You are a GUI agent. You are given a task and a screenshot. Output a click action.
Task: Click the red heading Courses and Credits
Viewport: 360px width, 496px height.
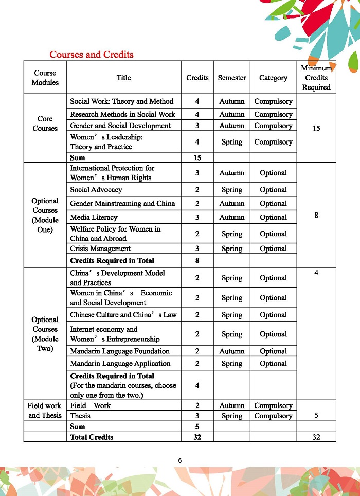[91, 55]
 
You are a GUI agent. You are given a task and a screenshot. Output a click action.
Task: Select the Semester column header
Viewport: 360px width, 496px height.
[231, 78]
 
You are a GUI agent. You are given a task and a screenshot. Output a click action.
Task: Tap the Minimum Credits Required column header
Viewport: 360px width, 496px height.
[316, 78]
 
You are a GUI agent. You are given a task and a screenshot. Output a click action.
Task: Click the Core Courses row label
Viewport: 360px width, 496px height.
[45, 123]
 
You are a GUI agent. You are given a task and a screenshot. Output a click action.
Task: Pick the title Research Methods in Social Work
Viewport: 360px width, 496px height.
[122, 114]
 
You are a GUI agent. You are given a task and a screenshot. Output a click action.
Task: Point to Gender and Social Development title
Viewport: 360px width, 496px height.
[120, 126]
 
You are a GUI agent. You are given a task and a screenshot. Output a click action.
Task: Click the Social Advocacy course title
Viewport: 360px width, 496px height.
[96, 190]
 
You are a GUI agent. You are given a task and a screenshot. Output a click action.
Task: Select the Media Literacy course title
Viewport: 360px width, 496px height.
[94, 217]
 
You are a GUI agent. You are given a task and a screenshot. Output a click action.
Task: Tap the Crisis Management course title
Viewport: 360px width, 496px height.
[100, 249]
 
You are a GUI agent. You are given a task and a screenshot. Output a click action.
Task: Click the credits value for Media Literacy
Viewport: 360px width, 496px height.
[197, 217]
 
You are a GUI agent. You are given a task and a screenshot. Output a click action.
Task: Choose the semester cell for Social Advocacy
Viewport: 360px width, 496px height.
[231, 190]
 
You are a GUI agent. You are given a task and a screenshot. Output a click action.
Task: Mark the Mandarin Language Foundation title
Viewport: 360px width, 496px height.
[120, 351]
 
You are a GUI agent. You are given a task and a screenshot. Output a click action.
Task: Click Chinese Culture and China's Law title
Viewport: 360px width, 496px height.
[123, 315]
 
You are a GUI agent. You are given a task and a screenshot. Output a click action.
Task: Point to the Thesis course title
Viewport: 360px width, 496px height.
[80, 416]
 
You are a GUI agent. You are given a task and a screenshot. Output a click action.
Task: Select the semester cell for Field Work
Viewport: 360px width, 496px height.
[231, 405]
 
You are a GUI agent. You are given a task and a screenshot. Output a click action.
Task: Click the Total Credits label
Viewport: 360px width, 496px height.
[92, 437]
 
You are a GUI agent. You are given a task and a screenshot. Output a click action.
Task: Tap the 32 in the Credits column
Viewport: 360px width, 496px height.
[197, 437]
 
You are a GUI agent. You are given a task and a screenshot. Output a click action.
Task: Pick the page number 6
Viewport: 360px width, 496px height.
[180, 460]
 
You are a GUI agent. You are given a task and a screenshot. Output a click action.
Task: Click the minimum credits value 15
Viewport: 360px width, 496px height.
[316, 128]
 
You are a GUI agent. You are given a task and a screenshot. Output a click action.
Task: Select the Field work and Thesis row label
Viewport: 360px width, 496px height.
[45, 410]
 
